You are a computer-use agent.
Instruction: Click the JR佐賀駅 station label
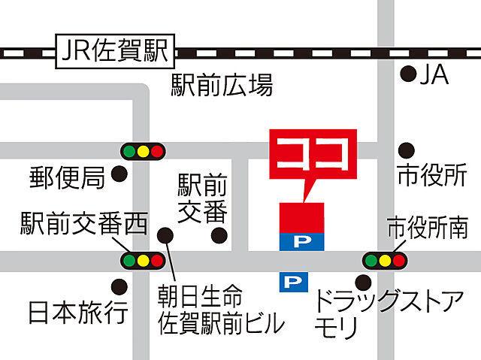[114, 53]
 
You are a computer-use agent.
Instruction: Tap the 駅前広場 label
[221, 85]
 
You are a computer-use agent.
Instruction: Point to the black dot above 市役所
[406, 150]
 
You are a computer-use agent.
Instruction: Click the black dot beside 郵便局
[119, 175]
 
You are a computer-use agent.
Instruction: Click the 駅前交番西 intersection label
[84, 221]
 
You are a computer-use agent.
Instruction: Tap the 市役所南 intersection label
[426, 226]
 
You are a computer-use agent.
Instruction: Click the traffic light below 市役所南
[385, 261]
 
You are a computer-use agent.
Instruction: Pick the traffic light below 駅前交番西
[142, 261]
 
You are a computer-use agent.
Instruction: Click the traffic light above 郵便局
[142, 150]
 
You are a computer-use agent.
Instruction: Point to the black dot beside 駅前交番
[219, 236]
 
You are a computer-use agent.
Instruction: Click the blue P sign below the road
[295, 283]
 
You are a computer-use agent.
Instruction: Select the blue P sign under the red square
[302, 241]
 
